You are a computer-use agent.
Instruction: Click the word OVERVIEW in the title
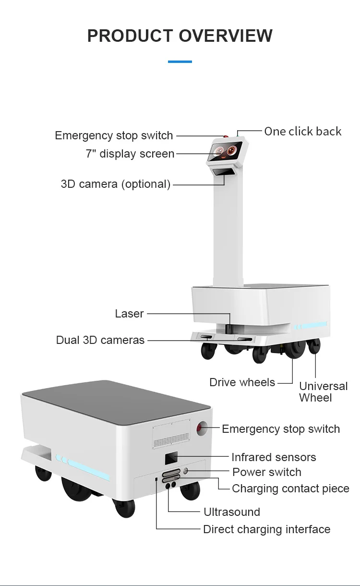[226, 36]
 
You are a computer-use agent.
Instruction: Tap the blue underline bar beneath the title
[180, 61]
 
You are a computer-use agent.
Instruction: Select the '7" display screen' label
[130, 154]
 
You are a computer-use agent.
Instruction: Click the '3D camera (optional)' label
[116, 184]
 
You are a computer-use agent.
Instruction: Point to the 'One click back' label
[303, 131]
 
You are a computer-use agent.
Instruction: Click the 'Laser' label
[129, 314]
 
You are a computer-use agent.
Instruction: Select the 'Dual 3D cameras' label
[100, 340]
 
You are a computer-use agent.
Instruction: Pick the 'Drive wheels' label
[242, 382]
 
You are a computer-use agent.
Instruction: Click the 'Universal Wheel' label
[323, 392]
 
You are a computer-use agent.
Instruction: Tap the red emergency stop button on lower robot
[202, 427]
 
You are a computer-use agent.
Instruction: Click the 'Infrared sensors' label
[274, 457]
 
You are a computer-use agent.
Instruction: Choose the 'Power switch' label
[267, 472]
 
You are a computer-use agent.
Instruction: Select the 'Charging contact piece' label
[290, 488]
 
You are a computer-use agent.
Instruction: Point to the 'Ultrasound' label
[232, 512]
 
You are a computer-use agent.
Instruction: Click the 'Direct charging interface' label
[267, 529]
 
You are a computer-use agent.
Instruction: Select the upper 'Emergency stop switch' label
[114, 135]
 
